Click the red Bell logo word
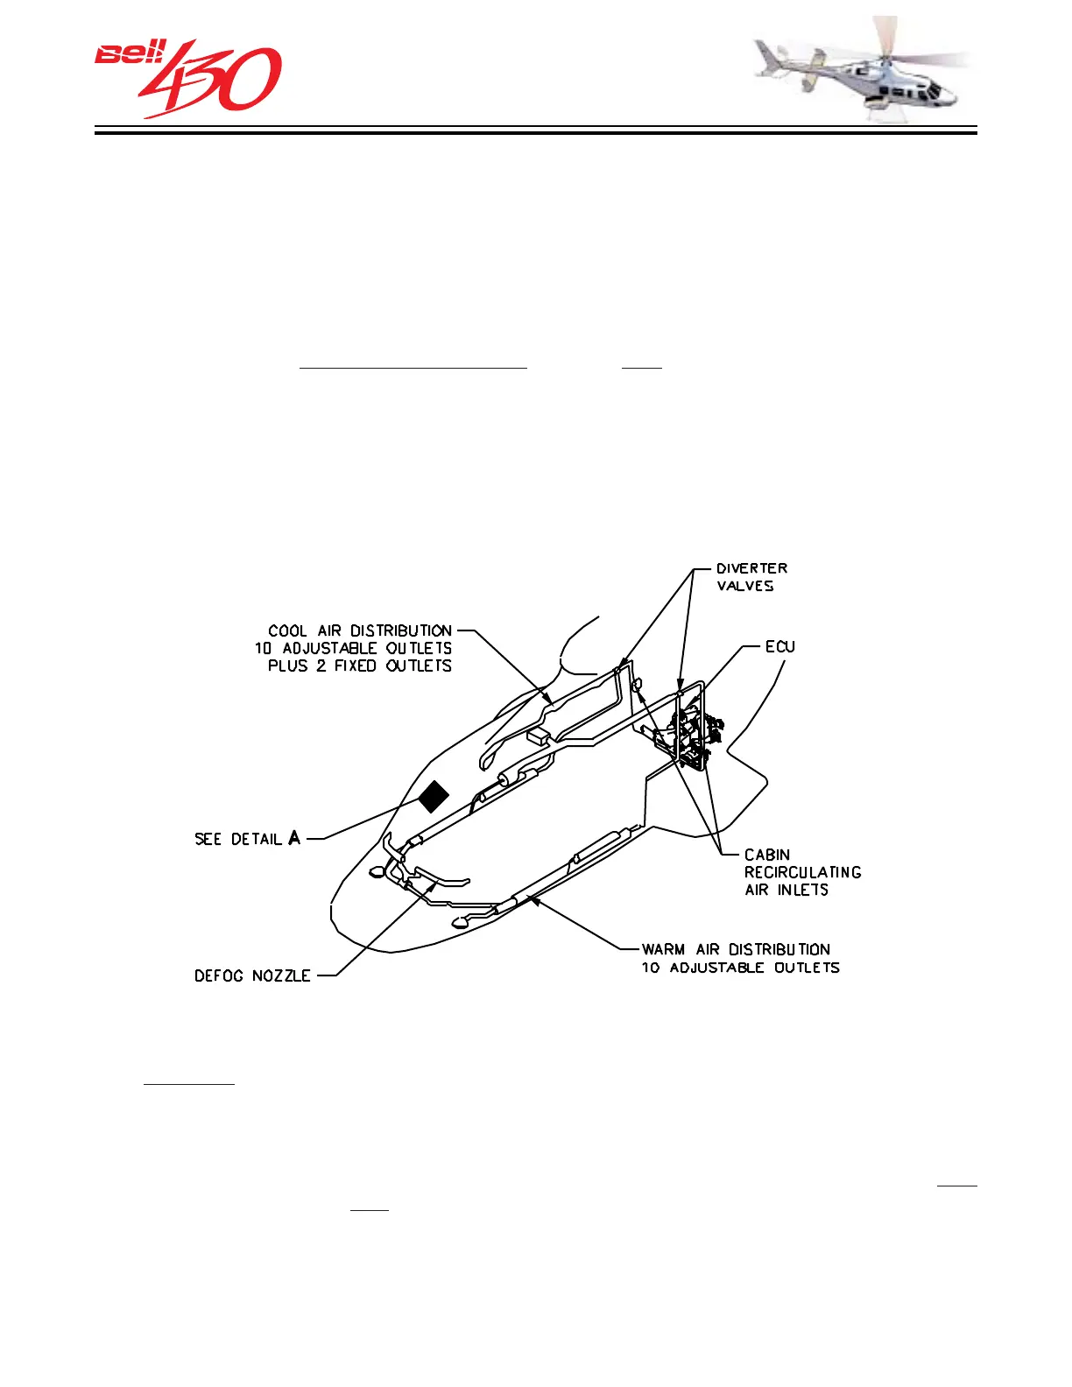(x=129, y=54)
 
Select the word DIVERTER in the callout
(x=751, y=568)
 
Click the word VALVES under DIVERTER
(x=745, y=586)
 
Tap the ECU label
(x=779, y=646)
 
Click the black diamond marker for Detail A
(x=433, y=796)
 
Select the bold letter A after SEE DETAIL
(x=294, y=838)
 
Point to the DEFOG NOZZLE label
(x=252, y=975)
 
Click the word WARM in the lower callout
(x=663, y=949)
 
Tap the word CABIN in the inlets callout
(x=767, y=855)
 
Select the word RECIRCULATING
(x=803, y=872)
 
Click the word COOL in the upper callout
(x=287, y=630)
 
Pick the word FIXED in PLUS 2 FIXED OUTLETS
(x=356, y=665)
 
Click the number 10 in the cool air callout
(x=263, y=648)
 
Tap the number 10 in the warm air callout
(x=650, y=968)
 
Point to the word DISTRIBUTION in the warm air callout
(x=779, y=949)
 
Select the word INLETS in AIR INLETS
(x=803, y=890)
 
